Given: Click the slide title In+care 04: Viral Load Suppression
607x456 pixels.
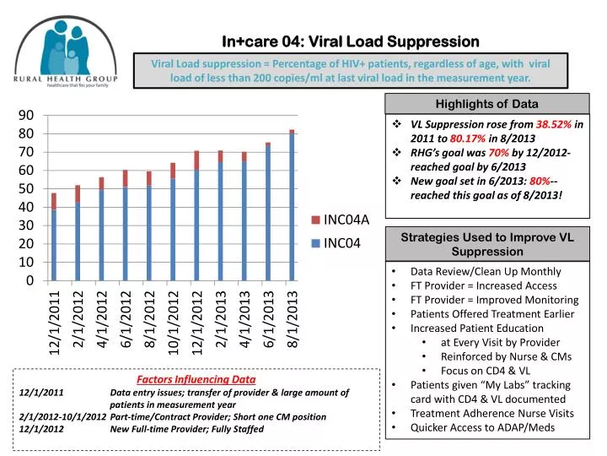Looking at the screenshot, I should (350, 41).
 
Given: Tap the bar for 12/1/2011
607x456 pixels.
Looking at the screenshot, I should (54, 241).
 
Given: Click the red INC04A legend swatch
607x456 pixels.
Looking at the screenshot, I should (316, 220).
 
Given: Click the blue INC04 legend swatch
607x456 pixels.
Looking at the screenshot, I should (316, 244).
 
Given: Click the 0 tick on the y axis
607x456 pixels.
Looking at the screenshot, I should (30, 280).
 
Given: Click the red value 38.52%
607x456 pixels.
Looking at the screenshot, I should (555, 123).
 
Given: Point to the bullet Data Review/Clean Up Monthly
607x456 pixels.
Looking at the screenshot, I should (485, 271).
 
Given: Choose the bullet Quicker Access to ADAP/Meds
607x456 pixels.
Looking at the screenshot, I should (482, 427).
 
